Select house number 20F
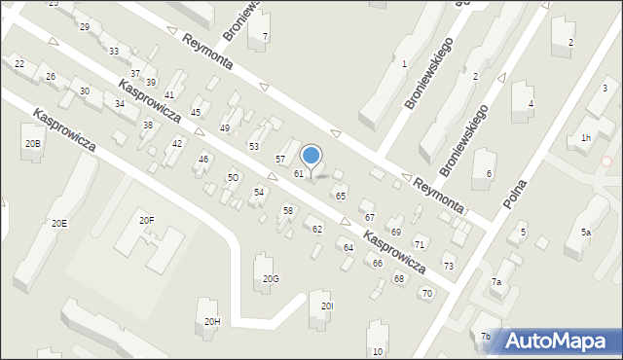tap(146, 221)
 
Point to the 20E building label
tap(59, 223)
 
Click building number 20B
tap(33, 143)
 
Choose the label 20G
tap(271, 279)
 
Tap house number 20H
tap(211, 321)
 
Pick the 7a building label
tap(495, 282)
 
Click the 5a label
tap(586, 233)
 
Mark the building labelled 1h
tap(585, 138)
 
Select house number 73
tap(449, 266)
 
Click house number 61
tap(299, 173)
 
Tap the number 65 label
tap(341, 197)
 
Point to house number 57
tap(280, 159)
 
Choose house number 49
tap(225, 128)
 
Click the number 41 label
tap(169, 94)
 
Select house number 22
tap(19, 63)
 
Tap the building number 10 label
tap(378, 351)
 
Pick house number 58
tap(288, 211)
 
